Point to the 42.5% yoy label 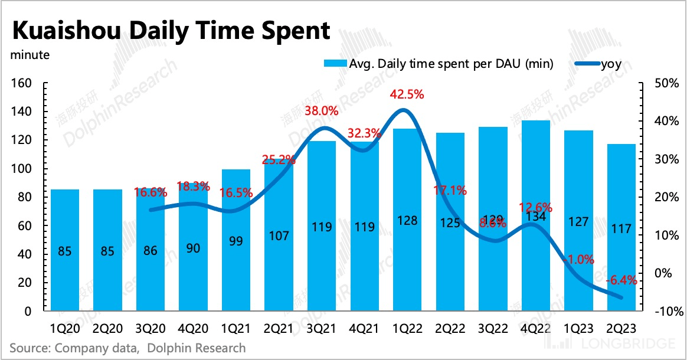[x=407, y=94]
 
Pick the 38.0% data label [x=321, y=110]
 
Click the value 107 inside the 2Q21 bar [x=279, y=236]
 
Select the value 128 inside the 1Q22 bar [x=407, y=221]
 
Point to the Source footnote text [x=127, y=348]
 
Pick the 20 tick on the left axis [x=24, y=283]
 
